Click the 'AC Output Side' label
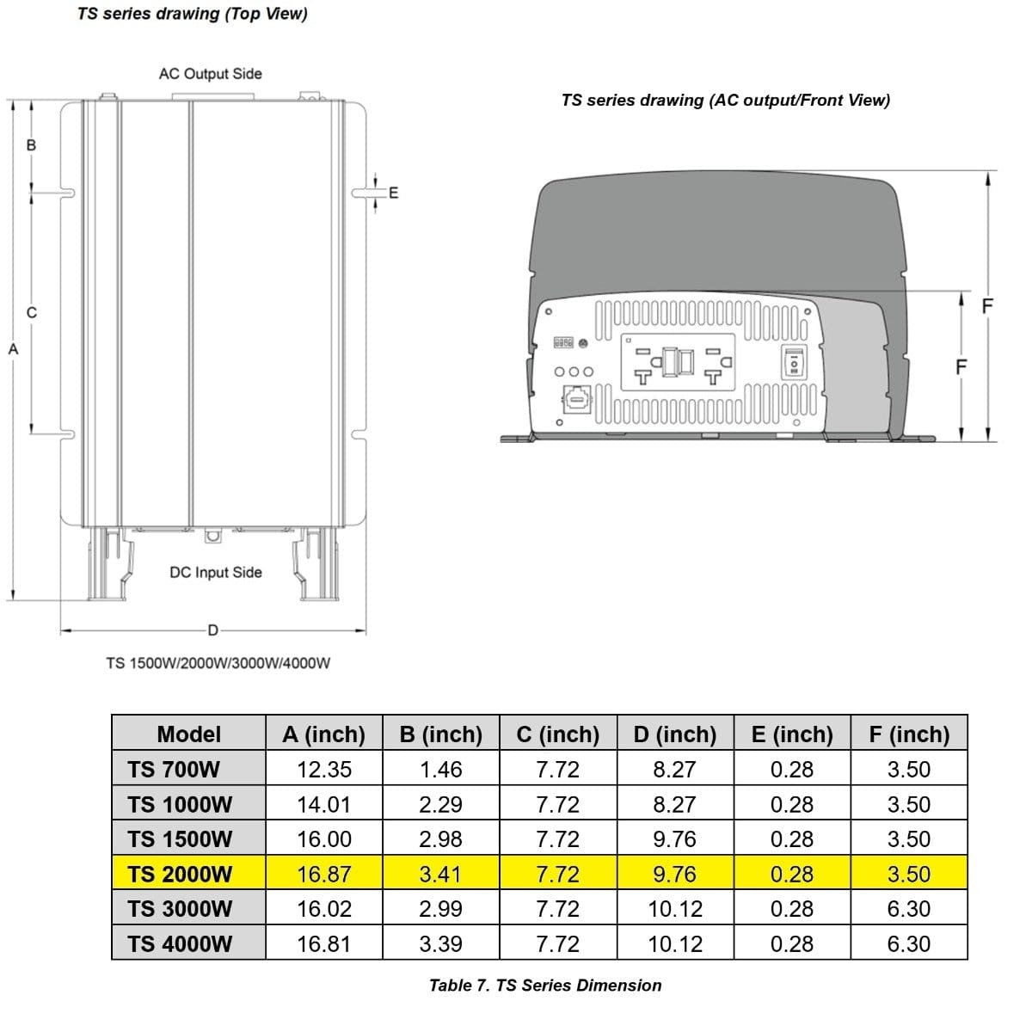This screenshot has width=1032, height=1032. [x=210, y=74]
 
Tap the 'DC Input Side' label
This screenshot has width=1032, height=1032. [x=215, y=572]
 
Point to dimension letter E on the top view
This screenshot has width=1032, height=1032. [x=394, y=193]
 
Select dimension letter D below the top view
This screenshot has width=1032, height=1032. [x=213, y=630]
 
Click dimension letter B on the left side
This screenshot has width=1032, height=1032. [x=32, y=145]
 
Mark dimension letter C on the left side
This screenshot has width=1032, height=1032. [x=32, y=312]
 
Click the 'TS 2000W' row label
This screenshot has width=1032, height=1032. [x=180, y=874]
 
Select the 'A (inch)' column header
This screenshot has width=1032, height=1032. [x=323, y=734]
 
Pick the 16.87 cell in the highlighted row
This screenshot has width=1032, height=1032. [x=323, y=874]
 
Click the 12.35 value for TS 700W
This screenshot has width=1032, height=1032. [x=323, y=770]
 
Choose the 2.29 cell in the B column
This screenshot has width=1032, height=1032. [x=440, y=805]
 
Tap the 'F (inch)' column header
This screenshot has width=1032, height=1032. [x=909, y=734]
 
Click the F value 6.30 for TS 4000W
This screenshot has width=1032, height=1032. [x=909, y=943]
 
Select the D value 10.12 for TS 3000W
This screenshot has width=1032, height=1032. [x=675, y=909]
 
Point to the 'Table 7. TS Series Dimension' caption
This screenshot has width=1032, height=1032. [x=545, y=986]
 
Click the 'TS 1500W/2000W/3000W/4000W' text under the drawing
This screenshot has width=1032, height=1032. [x=218, y=663]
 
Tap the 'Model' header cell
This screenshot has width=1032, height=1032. [x=188, y=734]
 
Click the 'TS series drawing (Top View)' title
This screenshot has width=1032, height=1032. [x=192, y=14]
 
